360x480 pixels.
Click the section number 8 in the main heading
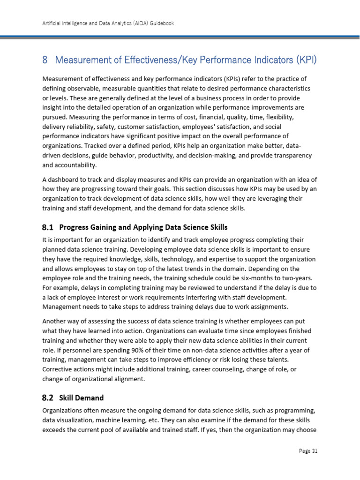45,60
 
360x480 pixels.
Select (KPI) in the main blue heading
307,60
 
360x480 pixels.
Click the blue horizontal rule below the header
180,37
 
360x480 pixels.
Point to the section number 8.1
48,227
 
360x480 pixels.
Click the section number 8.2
48,398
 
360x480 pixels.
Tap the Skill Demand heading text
82,398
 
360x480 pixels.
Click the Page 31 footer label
308,451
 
